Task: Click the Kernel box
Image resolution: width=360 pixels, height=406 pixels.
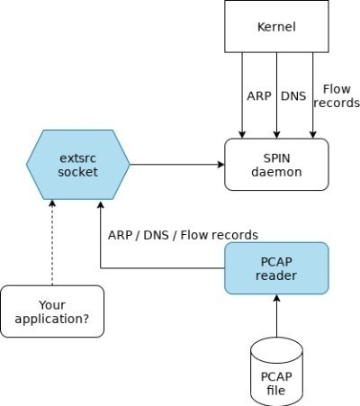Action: click(277, 27)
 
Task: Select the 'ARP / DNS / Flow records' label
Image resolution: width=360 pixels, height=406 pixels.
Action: click(183, 235)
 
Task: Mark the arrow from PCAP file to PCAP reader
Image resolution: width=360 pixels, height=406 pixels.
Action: click(277, 315)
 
